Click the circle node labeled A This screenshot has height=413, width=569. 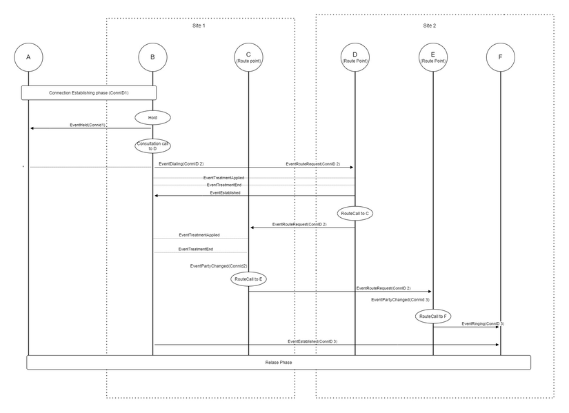point(28,57)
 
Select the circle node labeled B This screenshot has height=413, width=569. point(152,57)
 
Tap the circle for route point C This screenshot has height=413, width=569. point(248,57)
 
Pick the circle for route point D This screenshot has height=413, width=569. point(355,57)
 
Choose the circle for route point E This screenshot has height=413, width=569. point(432,57)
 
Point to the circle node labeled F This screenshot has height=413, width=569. point(500,57)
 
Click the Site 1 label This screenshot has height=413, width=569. point(199,26)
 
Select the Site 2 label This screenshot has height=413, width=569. point(429,26)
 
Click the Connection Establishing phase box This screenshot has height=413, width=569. point(89,92)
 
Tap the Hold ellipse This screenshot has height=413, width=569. point(152,118)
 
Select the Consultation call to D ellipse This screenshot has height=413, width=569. point(152,145)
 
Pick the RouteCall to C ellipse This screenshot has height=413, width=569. point(356,214)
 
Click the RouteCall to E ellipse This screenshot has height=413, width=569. point(249,279)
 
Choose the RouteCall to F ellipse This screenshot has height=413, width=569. point(433,316)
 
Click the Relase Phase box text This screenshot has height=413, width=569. point(279,362)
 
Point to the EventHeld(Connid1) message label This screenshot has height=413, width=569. point(88,125)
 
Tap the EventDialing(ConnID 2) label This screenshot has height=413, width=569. point(181,164)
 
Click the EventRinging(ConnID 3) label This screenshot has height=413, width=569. point(483,323)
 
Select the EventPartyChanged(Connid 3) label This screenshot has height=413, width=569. point(400,300)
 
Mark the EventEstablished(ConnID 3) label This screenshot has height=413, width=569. point(312,341)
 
